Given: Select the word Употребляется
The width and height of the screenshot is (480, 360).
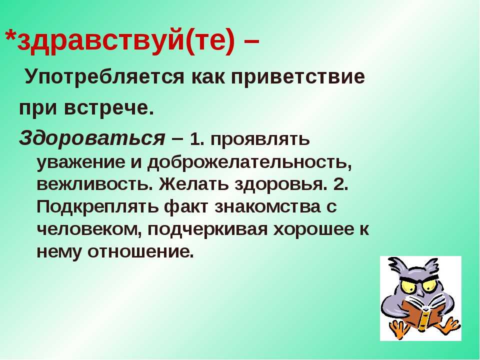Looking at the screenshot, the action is pyautogui.click(x=104, y=76).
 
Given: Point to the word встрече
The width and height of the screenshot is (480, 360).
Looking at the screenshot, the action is pyautogui.click(x=108, y=108).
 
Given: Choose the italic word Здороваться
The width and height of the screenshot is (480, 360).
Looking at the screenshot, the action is pyautogui.click(x=92, y=138).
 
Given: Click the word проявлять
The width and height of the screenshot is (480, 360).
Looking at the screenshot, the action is pyautogui.click(x=260, y=140).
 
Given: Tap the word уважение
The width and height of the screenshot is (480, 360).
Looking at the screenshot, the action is pyautogui.click(x=81, y=162).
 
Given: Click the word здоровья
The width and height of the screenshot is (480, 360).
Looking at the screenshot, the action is pyautogui.click(x=279, y=184).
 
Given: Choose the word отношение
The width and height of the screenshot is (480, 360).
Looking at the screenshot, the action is pyautogui.click(x=141, y=252).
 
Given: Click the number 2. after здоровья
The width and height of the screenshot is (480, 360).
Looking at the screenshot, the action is pyautogui.click(x=340, y=184).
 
